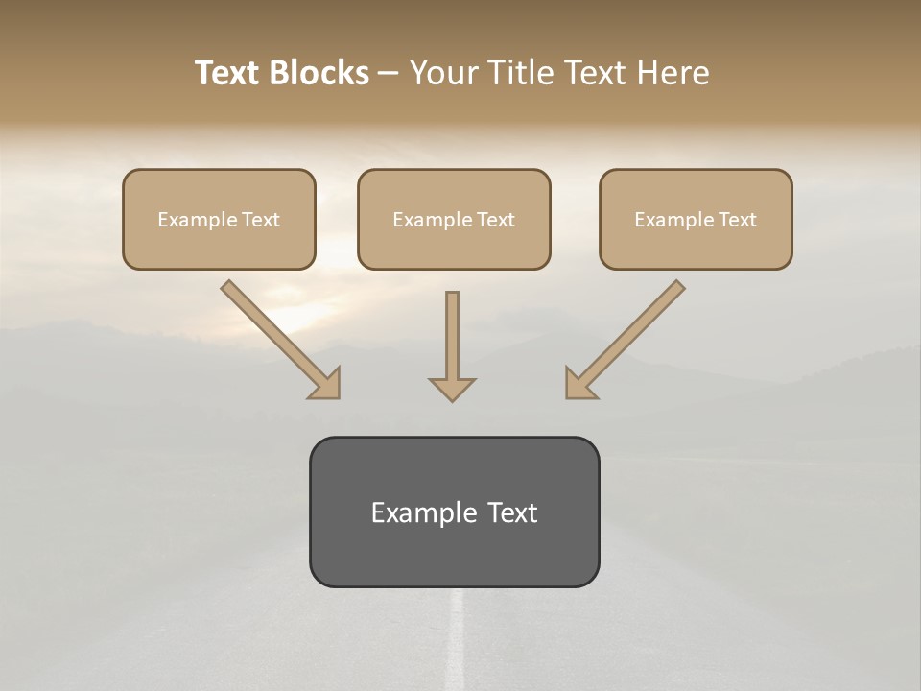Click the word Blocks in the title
coord(320,73)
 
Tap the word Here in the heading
coord(673,73)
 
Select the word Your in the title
coord(445,73)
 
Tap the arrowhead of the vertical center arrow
coord(452,389)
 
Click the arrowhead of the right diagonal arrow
coord(579,384)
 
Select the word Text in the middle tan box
coord(496,220)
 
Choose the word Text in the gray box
coord(512,512)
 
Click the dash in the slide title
coord(390,74)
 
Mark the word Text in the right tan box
coord(738,220)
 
